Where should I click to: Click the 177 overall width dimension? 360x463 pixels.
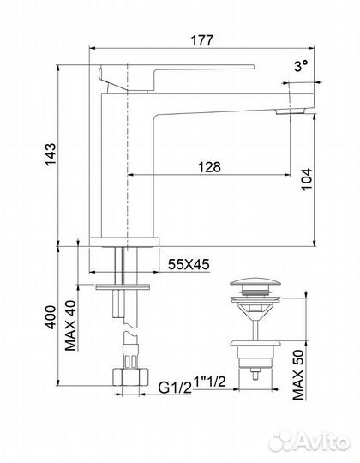tap(201, 40)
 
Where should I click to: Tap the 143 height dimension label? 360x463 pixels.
tap(51, 154)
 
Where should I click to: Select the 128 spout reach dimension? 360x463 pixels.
tap(209, 167)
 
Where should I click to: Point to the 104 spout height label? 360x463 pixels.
tap(307, 179)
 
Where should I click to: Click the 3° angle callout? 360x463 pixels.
tap(301, 66)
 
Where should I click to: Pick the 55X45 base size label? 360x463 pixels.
tap(189, 264)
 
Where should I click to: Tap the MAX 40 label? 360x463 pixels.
tap(70, 326)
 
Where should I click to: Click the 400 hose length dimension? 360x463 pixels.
tap(51, 317)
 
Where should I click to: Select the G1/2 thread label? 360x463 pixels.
tap(175, 388)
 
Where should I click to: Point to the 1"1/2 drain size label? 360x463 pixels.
tap(209, 382)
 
